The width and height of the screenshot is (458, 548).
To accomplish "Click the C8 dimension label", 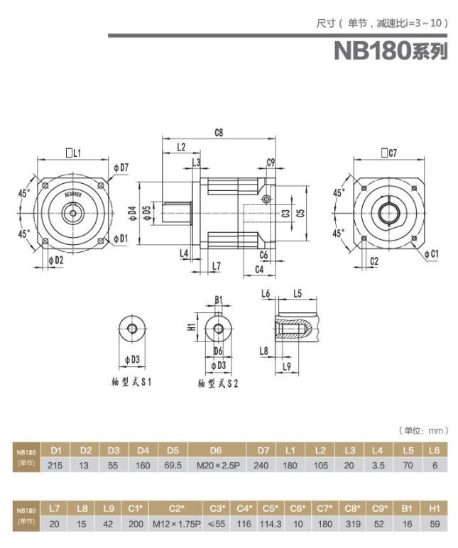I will tap(219, 132).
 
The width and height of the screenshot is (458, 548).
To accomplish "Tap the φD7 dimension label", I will tap(121, 168).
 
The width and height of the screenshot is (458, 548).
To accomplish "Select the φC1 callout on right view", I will tap(430, 253).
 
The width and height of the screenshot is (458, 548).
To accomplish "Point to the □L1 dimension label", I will tap(72, 152).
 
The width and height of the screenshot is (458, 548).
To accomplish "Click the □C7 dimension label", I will tap(388, 152).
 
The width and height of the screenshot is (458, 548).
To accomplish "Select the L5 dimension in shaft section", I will tap(298, 293).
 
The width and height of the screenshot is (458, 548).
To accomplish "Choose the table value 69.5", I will tap(173, 466).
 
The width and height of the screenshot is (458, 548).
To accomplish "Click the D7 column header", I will tap(263, 450).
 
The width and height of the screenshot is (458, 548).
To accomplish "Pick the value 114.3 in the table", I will tap(271, 525).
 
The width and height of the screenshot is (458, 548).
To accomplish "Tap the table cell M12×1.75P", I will tap(177, 525).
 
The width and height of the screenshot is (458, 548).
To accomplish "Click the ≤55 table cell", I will tap(218, 525).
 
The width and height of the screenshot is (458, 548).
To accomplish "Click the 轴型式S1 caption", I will tap(131, 381).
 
